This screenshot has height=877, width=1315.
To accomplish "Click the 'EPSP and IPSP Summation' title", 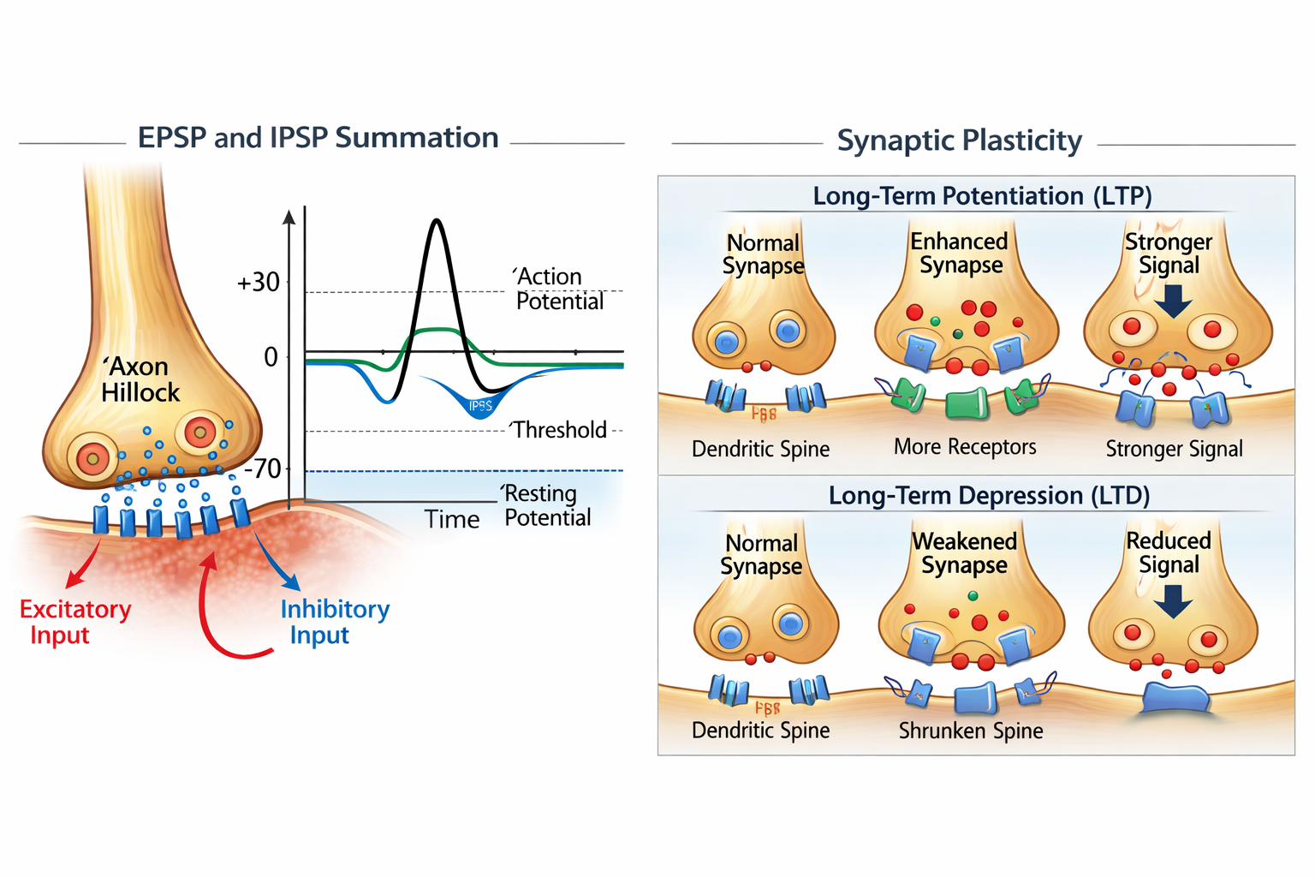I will [318, 138].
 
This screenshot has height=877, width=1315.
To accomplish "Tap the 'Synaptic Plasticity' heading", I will [959, 140].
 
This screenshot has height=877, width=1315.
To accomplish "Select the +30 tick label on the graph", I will [259, 282].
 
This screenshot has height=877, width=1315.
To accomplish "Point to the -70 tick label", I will [263, 468].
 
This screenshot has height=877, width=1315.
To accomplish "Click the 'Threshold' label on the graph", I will [560, 430].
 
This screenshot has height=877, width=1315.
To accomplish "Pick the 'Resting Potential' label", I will [547, 505].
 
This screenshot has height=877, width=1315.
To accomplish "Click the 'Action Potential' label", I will [559, 289].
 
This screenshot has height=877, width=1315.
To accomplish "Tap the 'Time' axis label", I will [452, 519].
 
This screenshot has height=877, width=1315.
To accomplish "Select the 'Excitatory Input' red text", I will [75, 622].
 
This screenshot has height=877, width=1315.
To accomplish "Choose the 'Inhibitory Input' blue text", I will [335, 622].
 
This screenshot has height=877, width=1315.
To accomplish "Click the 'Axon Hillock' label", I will [140, 379].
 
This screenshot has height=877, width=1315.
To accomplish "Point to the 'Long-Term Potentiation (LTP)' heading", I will [982, 196].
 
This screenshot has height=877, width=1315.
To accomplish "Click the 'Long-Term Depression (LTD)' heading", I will [989, 496].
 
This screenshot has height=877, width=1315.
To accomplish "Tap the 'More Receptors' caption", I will [965, 447].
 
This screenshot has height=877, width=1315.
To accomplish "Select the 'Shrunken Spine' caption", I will [971, 731].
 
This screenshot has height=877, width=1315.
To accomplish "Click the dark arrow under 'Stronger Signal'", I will [1173, 301].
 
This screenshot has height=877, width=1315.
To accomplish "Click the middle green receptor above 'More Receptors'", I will [967, 403].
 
